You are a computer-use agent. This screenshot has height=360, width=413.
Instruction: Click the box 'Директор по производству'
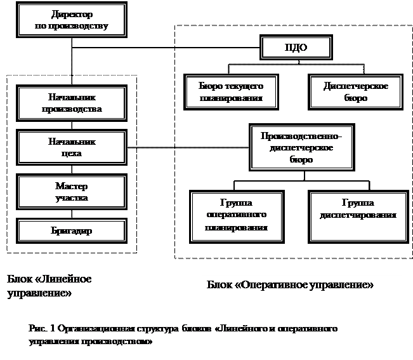(x=72, y=20)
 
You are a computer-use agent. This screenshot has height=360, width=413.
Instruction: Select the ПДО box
(x=296, y=48)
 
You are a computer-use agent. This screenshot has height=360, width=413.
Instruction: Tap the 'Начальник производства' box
(x=72, y=103)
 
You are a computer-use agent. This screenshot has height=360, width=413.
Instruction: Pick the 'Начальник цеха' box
(x=72, y=147)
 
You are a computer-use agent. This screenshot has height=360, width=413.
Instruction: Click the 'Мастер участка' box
(x=72, y=192)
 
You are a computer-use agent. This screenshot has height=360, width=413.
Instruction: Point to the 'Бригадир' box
(x=72, y=230)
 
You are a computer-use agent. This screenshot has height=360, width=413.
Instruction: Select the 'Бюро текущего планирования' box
(x=231, y=92)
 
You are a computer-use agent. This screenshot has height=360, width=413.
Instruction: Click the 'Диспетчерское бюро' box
(x=355, y=92)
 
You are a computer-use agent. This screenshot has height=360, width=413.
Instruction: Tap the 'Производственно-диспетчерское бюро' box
(x=302, y=147)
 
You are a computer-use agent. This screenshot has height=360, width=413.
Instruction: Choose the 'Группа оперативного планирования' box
(x=237, y=217)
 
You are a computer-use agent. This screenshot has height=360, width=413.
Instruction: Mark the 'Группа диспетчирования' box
(x=358, y=217)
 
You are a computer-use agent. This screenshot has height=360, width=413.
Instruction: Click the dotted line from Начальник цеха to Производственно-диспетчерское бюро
(x=188, y=147)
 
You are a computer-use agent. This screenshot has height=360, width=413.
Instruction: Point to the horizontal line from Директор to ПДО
(x=166, y=48)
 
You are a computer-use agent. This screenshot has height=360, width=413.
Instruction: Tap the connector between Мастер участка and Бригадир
(x=72, y=214)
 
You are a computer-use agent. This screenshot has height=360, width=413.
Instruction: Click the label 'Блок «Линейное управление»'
(x=49, y=286)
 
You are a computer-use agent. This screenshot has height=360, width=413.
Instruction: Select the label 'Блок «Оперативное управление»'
(x=290, y=285)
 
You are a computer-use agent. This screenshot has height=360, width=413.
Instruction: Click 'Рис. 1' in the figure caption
(x=42, y=328)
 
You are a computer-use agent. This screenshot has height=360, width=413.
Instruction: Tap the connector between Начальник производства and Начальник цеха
(x=72, y=126)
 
